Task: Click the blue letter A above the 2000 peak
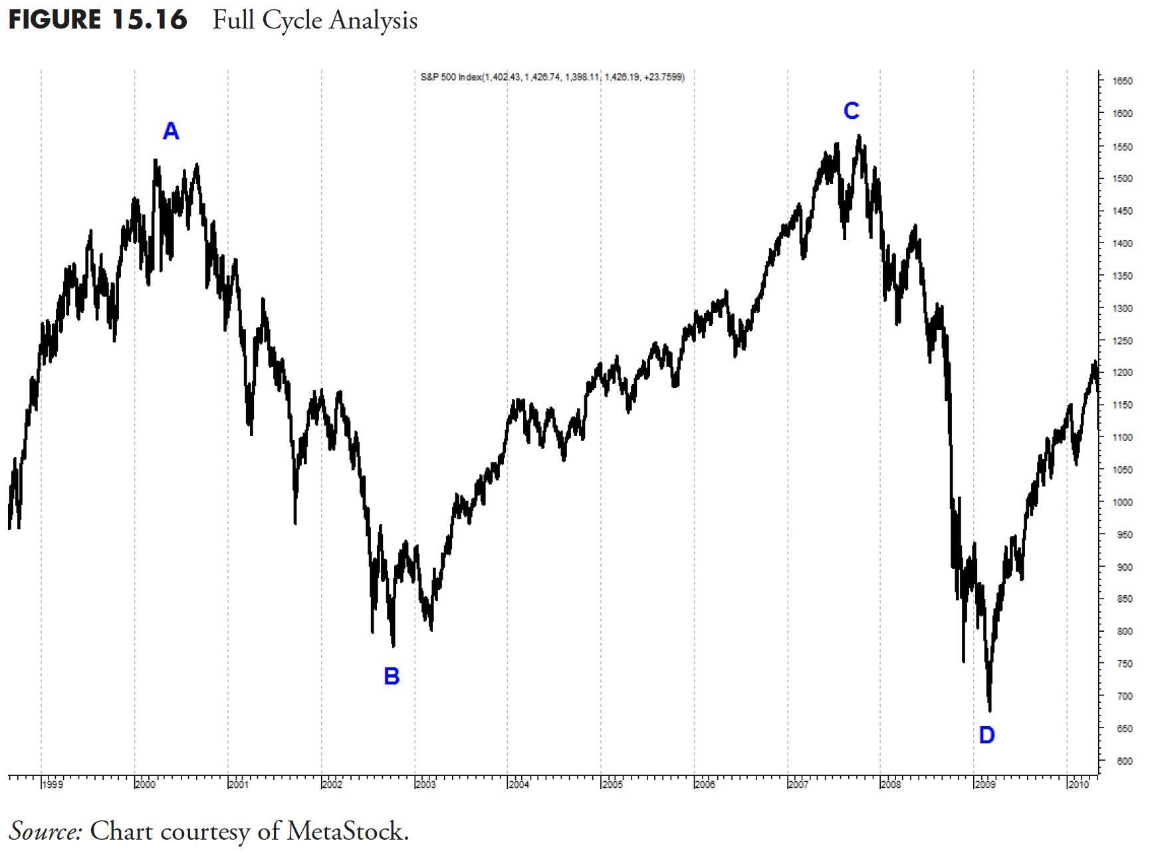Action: click(x=171, y=132)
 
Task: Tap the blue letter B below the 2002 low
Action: click(x=392, y=676)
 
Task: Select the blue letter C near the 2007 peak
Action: click(x=852, y=110)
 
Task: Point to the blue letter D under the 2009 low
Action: click(x=986, y=735)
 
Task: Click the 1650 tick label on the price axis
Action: click(x=1122, y=81)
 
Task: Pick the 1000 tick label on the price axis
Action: click(x=1122, y=503)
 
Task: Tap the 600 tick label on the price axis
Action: click(x=1122, y=761)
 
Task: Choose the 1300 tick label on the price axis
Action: click(x=1122, y=309)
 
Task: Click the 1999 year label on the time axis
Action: click(x=53, y=785)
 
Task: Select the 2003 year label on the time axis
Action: click(x=425, y=785)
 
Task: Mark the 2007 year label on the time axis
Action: click(x=798, y=785)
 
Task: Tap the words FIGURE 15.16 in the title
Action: click(x=98, y=20)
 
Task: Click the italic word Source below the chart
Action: click(x=45, y=830)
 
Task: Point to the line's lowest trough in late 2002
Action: click(x=394, y=646)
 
